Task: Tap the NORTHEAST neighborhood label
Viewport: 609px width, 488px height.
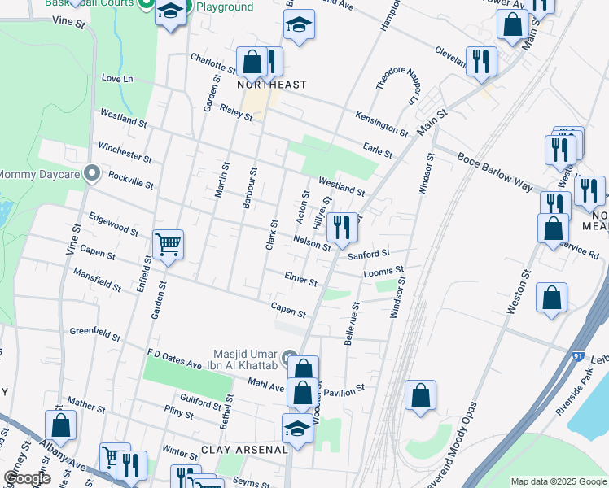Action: pos(272,85)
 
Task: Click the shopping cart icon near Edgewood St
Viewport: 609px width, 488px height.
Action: pos(168,243)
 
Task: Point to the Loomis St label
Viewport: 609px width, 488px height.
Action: pos(383,270)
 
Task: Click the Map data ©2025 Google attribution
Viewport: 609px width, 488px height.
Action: pos(558,481)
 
